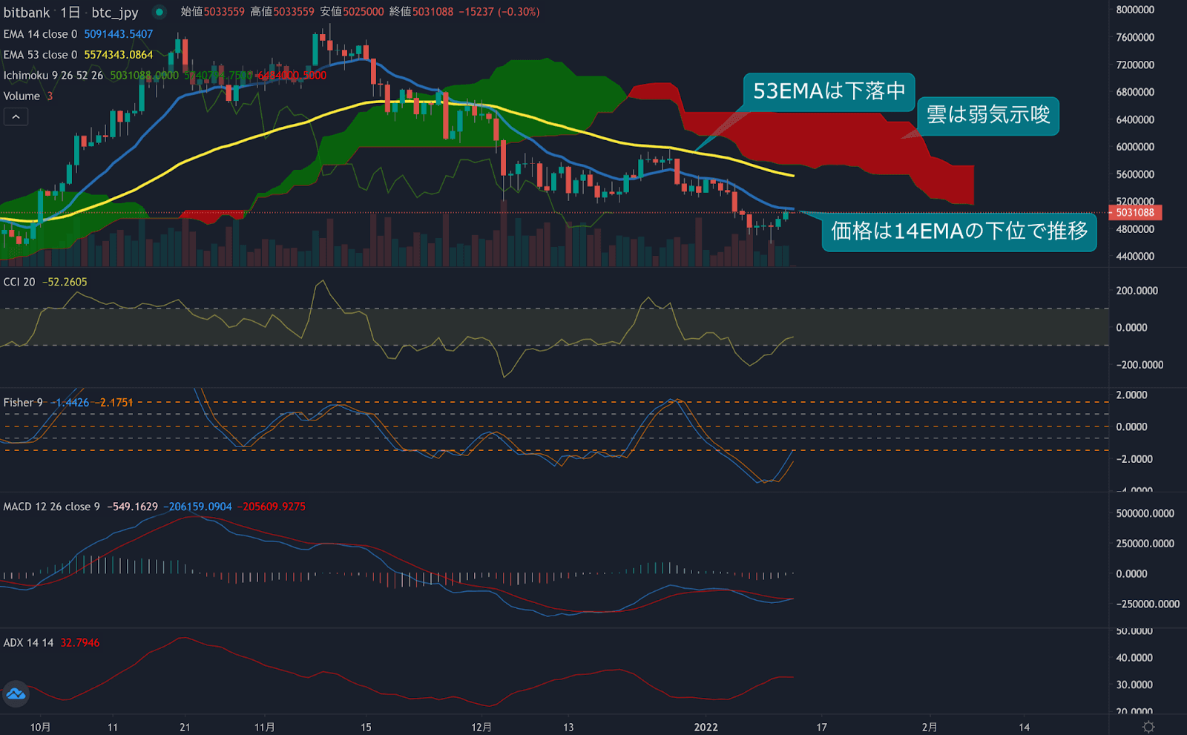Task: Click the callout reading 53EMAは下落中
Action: coord(829,91)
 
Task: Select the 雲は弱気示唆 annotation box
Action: coord(987,115)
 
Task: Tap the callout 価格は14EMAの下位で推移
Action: coord(959,231)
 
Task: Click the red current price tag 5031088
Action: coord(1135,213)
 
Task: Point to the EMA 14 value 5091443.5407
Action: coord(118,34)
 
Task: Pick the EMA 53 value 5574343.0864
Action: coord(118,55)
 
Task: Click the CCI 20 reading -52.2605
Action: coord(65,282)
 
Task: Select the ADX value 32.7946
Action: coord(79,643)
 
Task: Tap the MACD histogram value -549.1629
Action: coord(133,507)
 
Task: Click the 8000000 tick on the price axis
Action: coord(1135,10)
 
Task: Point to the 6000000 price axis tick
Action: coord(1135,147)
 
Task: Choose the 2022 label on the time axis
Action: coord(706,728)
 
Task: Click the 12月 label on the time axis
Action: coord(481,728)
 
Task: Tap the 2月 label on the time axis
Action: coord(929,728)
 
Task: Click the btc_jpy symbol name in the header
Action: coord(115,13)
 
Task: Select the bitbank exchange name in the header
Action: coord(27,13)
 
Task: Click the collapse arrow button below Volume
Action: coord(16,117)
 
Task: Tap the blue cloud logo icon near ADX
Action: coord(16,694)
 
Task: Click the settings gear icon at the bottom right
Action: coord(1148,727)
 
